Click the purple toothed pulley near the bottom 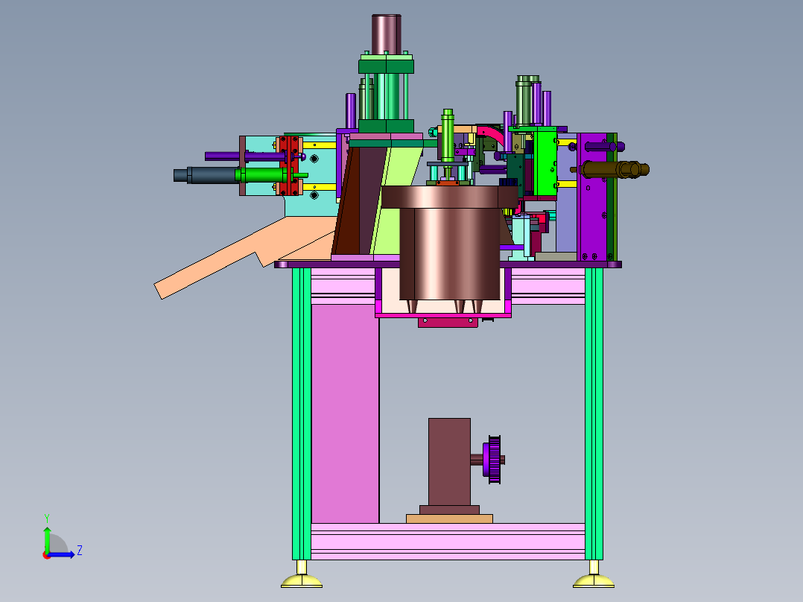pyautogui.click(x=492, y=460)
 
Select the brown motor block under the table pyautogui.click(x=449, y=463)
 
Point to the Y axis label pyautogui.click(x=47, y=518)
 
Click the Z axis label pyautogui.click(x=80, y=551)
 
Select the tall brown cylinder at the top pyautogui.click(x=386, y=34)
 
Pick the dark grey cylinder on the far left pyautogui.click(x=206, y=174)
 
